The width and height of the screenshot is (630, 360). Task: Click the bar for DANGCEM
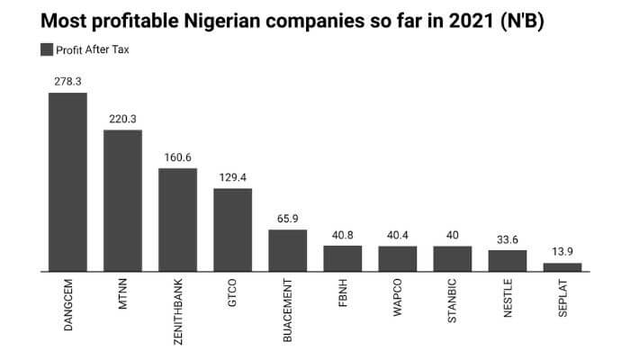tap(67, 181)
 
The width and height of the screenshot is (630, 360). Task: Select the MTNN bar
tap(122, 200)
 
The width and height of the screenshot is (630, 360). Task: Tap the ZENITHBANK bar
tap(177, 219)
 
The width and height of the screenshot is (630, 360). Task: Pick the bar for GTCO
tap(232, 229)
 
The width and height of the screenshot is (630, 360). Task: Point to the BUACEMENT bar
tap(287, 249)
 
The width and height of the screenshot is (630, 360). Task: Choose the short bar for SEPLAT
tap(562, 266)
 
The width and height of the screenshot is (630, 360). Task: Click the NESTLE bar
tap(508, 260)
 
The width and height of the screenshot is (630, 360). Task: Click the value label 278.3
tap(67, 82)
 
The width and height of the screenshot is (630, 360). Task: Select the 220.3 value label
tap(122, 119)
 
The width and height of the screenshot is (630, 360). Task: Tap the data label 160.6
tap(177, 157)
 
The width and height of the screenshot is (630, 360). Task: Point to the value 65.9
tap(287, 218)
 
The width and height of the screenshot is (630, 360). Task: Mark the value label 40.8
tap(342, 234)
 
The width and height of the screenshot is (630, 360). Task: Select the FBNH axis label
tap(343, 296)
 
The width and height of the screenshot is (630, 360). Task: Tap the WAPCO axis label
tap(398, 300)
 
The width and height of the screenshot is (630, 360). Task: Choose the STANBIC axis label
tap(453, 302)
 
